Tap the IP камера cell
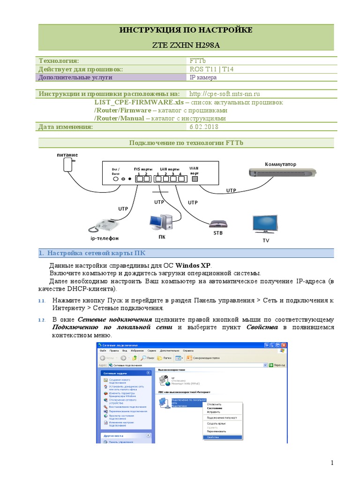click(203, 77)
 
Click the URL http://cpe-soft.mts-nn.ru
click(225, 94)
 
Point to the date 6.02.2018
click(204, 127)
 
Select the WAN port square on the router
click(195, 179)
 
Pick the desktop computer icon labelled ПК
click(162, 224)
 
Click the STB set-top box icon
click(218, 224)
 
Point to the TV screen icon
click(265, 224)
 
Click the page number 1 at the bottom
click(332, 463)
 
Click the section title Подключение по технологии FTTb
click(186, 142)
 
